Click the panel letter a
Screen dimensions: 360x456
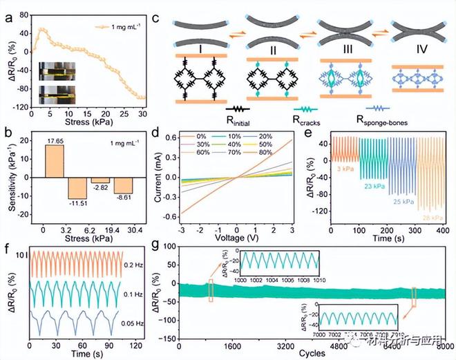(8, 12)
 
